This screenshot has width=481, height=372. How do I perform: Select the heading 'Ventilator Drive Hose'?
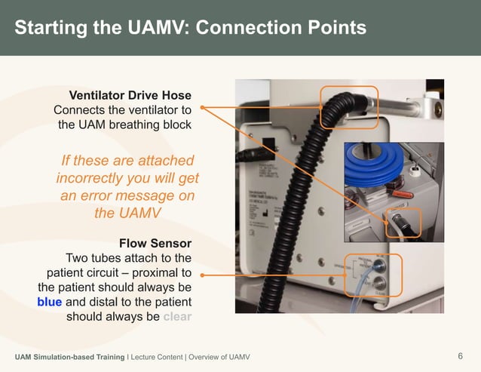point(130,95)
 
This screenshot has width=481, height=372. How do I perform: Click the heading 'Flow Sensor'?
point(155,243)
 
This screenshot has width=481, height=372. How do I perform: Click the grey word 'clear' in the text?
point(177,316)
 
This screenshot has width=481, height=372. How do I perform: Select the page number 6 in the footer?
point(460,356)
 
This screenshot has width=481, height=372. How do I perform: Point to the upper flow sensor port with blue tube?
point(379,266)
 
